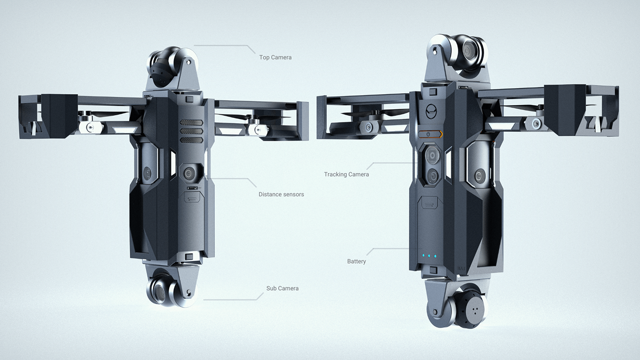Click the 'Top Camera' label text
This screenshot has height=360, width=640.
click(x=275, y=58)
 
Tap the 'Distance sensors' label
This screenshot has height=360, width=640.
click(x=281, y=194)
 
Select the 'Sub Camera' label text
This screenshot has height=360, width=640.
click(x=282, y=288)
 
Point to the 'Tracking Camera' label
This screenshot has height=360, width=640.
click(x=346, y=174)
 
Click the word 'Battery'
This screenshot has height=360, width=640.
click(x=356, y=261)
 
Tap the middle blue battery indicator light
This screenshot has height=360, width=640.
click(x=429, y=256)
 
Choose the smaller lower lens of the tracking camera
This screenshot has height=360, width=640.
click(x=432, y=175)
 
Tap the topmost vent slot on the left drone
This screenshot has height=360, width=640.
click(x=191, y=123)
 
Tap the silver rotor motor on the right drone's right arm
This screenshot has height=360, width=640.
click(x=534, y=122)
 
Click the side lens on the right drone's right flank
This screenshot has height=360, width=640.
click(x=480, y=175)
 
